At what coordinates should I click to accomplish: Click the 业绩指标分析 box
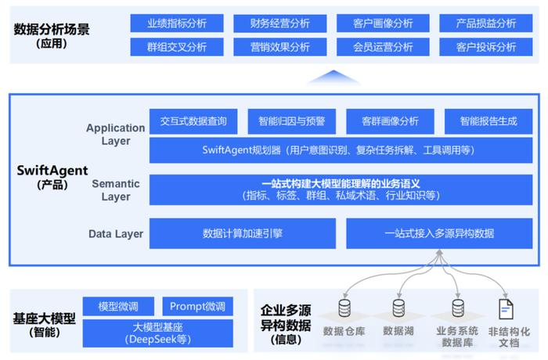point(177,23)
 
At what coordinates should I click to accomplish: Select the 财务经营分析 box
point(280,23)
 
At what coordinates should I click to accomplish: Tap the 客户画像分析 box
point(383,23)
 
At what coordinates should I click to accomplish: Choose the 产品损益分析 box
point(486,23)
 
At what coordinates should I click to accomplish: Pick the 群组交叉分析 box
point(177,47)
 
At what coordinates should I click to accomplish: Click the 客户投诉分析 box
point(486,47)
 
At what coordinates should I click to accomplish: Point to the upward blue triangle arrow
point(333,77)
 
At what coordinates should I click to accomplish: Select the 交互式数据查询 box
point(193,121)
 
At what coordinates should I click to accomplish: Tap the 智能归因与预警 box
point(292,121)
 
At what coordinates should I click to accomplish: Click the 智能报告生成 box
point(489,121)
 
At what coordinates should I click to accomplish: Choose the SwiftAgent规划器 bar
point(341,150)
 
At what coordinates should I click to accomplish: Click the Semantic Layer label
point(116,190)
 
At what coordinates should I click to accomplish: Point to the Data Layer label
point(116,234)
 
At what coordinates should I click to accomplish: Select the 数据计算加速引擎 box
point(243,233)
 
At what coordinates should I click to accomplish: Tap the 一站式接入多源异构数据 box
point(439,233)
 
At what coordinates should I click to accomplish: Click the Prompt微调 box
point(198,307)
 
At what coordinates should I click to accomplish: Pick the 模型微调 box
point(118,307)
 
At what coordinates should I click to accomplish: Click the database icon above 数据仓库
point(344,308)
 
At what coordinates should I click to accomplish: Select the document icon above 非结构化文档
point(506,309)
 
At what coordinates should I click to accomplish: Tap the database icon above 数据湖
point(398,308)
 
